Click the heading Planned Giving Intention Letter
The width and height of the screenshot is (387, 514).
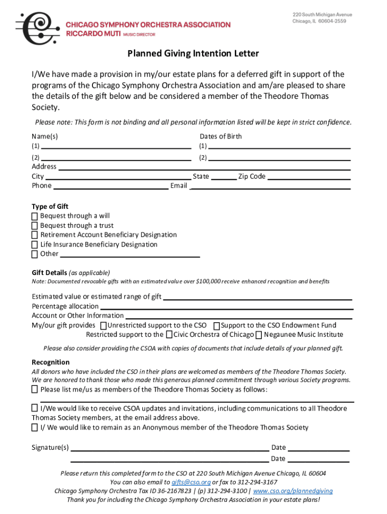pos(193,53)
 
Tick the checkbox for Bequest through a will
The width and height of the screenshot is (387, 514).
pos(35,216)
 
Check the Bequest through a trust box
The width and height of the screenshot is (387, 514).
pos(35,225)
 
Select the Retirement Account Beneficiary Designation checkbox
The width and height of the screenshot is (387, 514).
pos(35,235)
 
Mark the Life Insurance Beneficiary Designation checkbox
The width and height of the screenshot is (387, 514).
pos(35,244)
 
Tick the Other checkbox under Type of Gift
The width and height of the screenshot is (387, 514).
pos(35,254)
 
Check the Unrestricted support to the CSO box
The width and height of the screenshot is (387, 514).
pos(104,326)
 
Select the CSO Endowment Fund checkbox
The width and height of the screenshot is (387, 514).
pos(217,326)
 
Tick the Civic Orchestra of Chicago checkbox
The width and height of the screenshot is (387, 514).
pos(169,335)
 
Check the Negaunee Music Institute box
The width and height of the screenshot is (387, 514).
pos(258,335)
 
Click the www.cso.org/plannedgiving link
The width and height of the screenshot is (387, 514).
pos(293,491)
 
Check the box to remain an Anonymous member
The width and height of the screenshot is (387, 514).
pos(35,428)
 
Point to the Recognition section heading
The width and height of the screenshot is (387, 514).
pos(51,362)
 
